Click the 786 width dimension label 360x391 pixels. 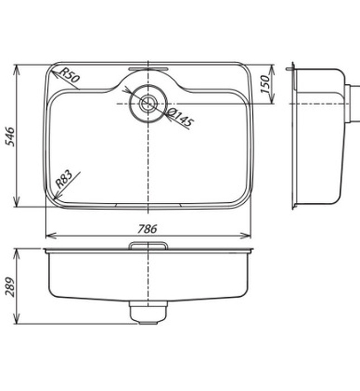tap(148, 228)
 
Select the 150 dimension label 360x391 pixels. tap(266, 84)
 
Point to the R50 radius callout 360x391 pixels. tap(69, 75)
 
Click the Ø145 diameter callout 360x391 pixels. tap(180, 118)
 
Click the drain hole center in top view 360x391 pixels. tap(148, 103)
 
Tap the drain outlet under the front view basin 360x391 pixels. tap(148, 312)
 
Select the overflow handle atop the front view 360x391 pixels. tap(148, 245)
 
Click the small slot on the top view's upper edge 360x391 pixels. tap(148, 68)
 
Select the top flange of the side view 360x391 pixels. tap(290, 69)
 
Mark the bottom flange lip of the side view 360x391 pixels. tap(294, 207)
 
